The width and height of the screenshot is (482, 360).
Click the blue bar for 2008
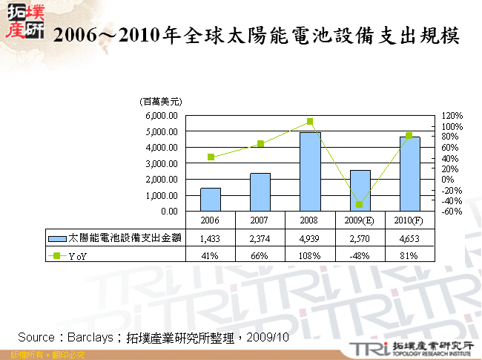click(310, 171)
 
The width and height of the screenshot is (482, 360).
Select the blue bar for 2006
click(211, 199)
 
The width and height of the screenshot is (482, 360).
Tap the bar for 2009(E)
click(360, 191)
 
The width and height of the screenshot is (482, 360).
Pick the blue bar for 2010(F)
click(409, 174)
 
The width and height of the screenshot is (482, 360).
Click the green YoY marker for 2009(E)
click(360, 204)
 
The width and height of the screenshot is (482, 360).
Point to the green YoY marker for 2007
click(260, 143)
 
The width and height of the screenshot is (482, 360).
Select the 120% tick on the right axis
click(452, 116)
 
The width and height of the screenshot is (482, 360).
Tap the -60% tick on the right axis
click(452, 211)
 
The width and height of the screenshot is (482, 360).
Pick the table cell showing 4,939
click(310, 238)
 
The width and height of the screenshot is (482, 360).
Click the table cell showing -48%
click(360, 255)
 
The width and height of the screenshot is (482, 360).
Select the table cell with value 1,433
click(211, 238)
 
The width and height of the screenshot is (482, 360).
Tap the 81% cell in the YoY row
click(409, 255)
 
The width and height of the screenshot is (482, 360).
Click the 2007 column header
click(260, 220)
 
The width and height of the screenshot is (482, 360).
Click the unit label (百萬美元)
click(161, 102)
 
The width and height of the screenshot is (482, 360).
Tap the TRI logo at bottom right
click(367, 347)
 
